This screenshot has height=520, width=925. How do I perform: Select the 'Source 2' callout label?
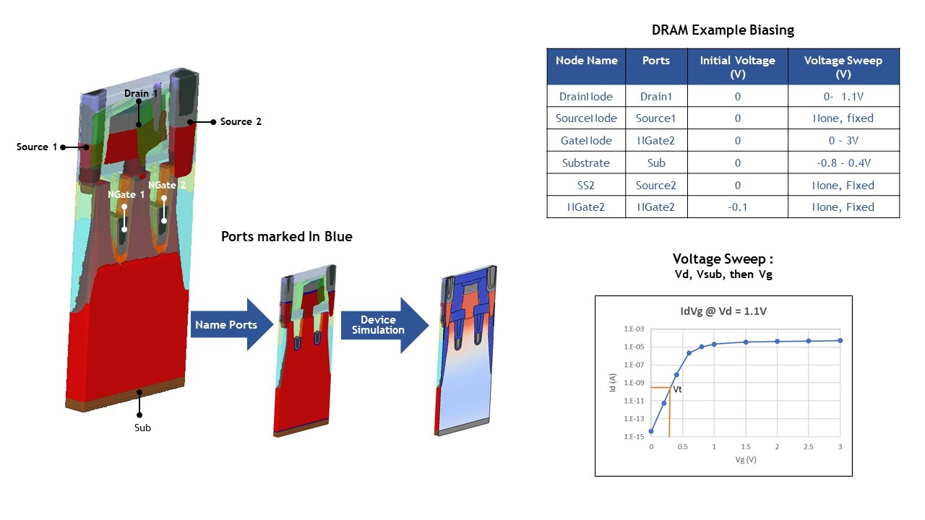pos(241,121)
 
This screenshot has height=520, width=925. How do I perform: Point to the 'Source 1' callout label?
pos(37,147)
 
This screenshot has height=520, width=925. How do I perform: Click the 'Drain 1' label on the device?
pos(141,93)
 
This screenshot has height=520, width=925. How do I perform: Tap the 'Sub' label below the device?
pos(142,428)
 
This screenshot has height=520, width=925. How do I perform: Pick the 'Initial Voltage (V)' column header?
pos(738,67)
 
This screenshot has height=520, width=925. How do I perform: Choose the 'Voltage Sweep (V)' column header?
pos(843,67)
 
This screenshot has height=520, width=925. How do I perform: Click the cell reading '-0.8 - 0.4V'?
pos(843,162)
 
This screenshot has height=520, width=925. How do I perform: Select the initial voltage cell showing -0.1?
pos(738,207)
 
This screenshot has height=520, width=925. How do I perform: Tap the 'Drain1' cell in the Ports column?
pos(656,96)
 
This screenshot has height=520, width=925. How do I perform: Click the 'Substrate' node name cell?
pos(586,162)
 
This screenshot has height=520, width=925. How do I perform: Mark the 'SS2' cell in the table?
pos(586,185)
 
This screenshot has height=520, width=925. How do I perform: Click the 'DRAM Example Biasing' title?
pos(723,30)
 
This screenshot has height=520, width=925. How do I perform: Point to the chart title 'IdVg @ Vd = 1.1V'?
pos(723,311)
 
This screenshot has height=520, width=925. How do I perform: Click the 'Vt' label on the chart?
pos(677,389)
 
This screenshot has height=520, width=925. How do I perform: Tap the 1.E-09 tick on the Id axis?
pos(634,383)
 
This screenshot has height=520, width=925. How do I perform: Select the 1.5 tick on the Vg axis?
pos(746,446)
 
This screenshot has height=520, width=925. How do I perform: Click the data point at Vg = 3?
pos(840,340)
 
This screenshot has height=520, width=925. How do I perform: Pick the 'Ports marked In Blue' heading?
pos(287,236)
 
